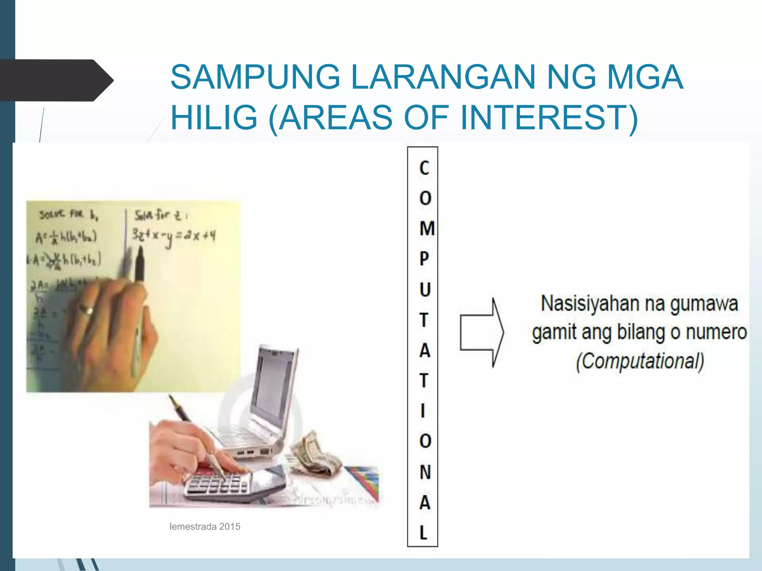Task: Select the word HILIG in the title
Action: click(x=214, y=117)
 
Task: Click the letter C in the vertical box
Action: click(x=424, y=168)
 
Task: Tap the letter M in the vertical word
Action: click(x=427, y=228)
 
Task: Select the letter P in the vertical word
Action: click(x=424, y=259)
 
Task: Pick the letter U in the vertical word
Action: click(x=425, y=289)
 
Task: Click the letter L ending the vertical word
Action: click(x=423, y=532)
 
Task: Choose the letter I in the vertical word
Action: click(x=423, y=411)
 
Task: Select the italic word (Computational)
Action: click(x=640, y=361)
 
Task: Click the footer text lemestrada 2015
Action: click(x=205, y=526)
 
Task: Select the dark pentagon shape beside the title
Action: click(x=56, y=80)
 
